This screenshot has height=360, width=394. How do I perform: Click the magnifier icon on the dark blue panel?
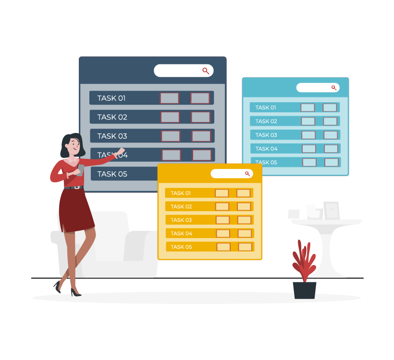point(206,71)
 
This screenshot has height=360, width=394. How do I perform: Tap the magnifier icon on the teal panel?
point(333,88)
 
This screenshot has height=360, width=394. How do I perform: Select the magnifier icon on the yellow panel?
point(247,174)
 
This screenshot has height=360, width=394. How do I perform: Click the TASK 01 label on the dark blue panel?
point(111,98)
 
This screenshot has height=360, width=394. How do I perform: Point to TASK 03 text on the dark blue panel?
point(112,136)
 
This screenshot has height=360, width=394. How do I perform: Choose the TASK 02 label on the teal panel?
point(266,121)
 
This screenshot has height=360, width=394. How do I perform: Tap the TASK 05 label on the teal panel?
point(266,162)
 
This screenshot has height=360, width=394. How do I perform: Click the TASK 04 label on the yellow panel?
point(181,233)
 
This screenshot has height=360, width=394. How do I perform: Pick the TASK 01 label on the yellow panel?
point(181,193)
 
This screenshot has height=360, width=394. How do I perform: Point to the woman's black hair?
point(67,144)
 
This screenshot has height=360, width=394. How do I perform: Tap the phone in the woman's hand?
point(80,169)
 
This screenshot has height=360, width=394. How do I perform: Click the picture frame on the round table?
point(331,210)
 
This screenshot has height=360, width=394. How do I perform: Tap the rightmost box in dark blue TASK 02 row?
point(200,117)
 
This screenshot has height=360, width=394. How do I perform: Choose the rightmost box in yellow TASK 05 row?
point(245,247)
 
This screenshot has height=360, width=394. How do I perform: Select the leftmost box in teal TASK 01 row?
point(308,108)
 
